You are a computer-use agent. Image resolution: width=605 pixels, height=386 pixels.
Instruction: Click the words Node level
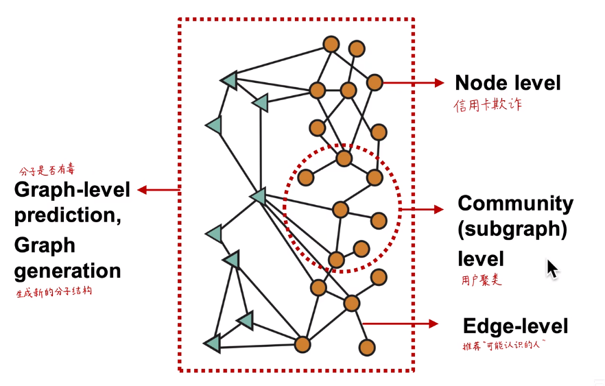coord(508,84)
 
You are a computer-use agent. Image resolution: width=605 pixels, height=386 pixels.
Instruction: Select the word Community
coord(515,204)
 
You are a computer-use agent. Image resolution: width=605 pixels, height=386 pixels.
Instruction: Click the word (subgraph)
coord(512,230)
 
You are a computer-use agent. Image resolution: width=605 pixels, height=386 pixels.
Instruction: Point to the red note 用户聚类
coord(482,280)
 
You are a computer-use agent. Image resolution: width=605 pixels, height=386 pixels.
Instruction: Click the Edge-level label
coord(515,326)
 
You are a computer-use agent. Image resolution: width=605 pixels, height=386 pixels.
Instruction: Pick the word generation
coord(67,270)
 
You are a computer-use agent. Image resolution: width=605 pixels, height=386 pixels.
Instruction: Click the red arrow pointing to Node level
coord(414,83)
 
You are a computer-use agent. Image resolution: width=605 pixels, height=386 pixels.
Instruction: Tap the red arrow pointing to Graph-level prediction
coord(158,190)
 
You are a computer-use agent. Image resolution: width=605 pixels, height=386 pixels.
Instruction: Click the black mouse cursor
coord(552,268)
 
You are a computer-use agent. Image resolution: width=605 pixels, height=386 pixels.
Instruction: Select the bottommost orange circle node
coord(366,348)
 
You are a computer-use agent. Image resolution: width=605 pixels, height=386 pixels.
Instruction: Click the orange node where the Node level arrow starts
coord(374,83)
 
